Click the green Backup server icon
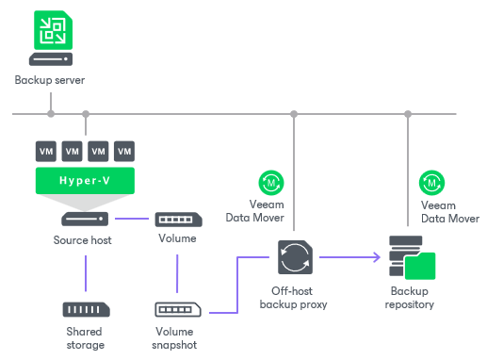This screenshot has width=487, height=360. click(x=50, y=34)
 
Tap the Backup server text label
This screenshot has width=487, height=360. click(x=50, y=81)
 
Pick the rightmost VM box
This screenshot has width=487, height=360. click(x=124, y=151)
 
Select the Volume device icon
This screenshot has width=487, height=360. click(x=177, y=219)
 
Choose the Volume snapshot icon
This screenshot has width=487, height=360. click(x=177, y=309)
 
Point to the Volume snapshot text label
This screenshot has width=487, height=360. click(x=177, y=337)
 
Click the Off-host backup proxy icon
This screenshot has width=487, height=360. click(x=294, y=255)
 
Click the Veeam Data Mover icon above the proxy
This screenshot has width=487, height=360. click(x=271, y=181)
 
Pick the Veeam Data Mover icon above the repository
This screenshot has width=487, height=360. click(x=431, y=181)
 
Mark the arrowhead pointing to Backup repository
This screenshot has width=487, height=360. click(x=375, y=255)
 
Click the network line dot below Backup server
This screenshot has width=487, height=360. click(x=51, y=115)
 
